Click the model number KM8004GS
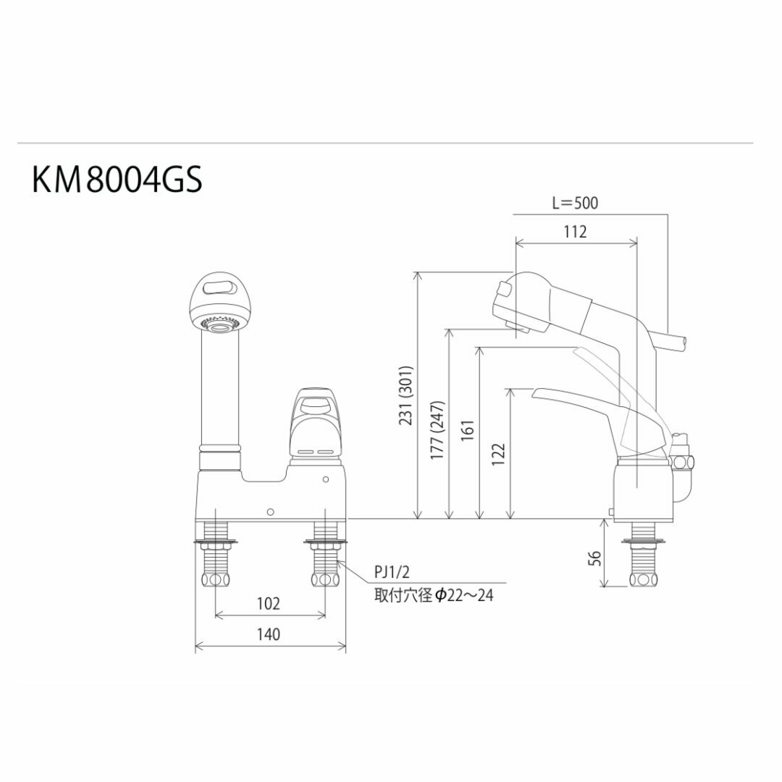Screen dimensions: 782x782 117,181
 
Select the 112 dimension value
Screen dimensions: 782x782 575,232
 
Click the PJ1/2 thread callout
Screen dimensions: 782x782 391,575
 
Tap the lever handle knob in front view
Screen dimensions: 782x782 315,421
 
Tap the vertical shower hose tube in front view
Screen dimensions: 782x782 218,391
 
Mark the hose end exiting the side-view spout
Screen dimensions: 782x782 674,342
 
